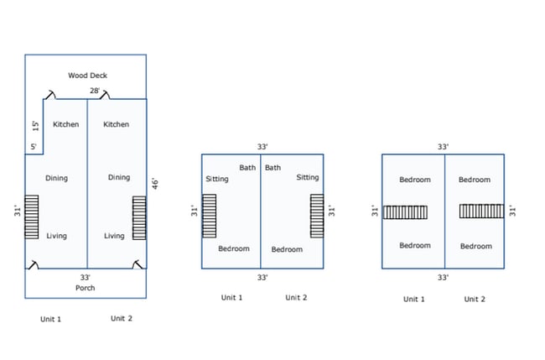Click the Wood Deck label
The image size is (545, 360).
(87, 76)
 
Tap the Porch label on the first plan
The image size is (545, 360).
(85, 288)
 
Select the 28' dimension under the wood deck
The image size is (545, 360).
(96, 91)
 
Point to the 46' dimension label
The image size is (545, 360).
(153, 184)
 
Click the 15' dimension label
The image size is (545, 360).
(35, 126)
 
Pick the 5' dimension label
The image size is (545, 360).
(34, 147)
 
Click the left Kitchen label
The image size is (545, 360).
(65, 124)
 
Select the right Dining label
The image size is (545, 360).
(118, 177)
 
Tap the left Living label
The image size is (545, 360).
(56, 236)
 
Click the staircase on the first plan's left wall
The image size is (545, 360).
(32, 217)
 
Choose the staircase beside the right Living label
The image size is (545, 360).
(139, 217)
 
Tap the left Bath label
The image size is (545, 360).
(247, 168)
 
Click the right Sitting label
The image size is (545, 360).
(308, 177)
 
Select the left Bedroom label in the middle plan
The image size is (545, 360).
(234, 248)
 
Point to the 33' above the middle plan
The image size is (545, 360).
(262, 146)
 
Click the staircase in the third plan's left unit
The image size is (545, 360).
(406, 212)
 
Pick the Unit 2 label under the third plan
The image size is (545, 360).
(475, 299)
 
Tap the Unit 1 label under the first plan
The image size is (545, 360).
(51, 319)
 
